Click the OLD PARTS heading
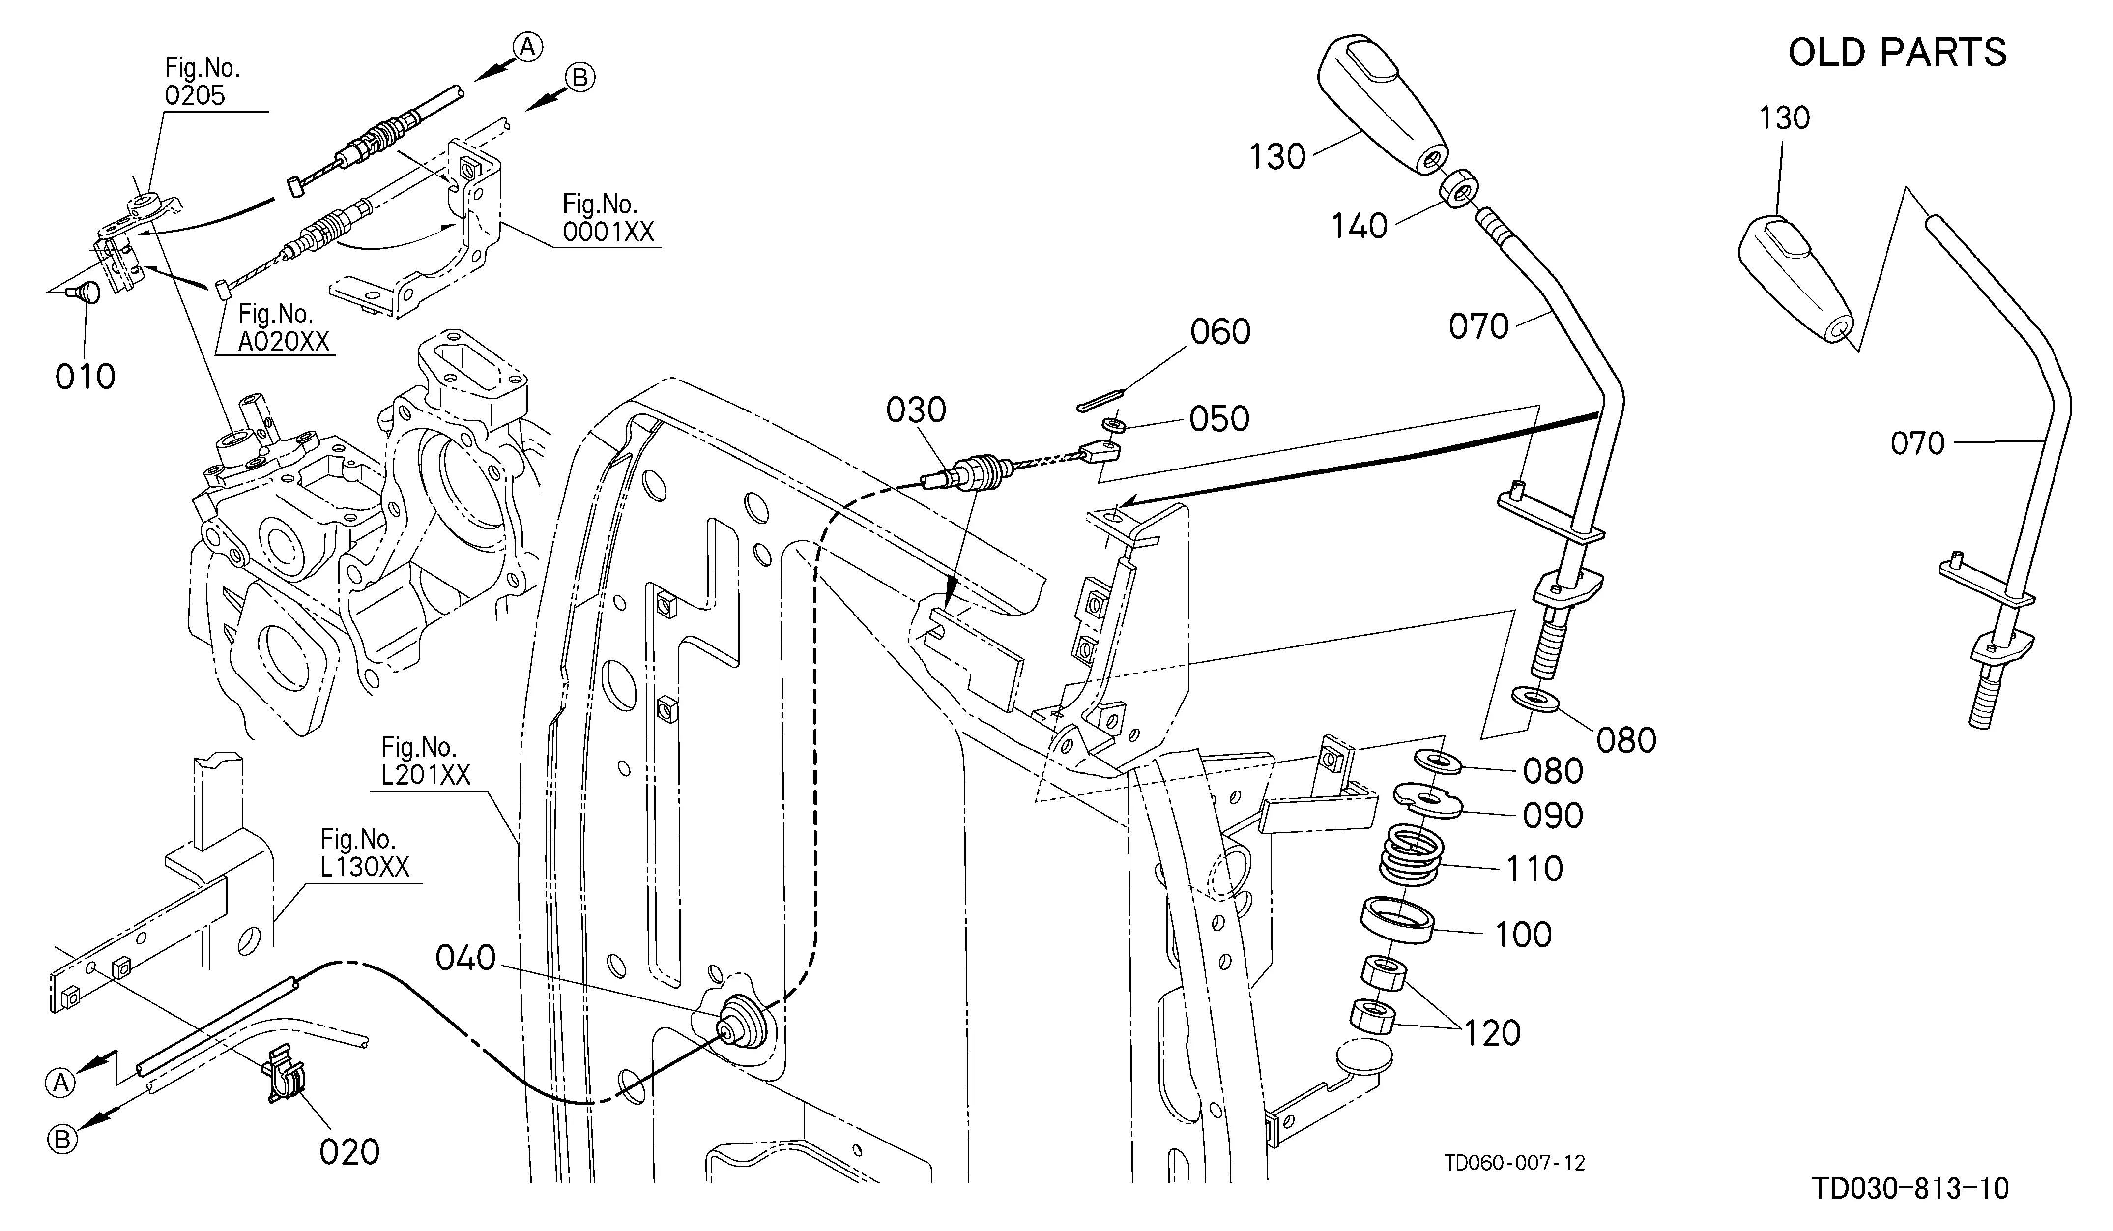pos(1898,52)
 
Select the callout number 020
pos(349,1152)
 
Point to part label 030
pos(917,411)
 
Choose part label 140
pos(1359,227)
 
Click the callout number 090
pos(1553,816)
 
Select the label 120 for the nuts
pos(1493,1033)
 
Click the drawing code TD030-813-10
pos(1910,1188)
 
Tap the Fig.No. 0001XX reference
pos(608,217)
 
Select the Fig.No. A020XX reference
pos(284,327)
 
